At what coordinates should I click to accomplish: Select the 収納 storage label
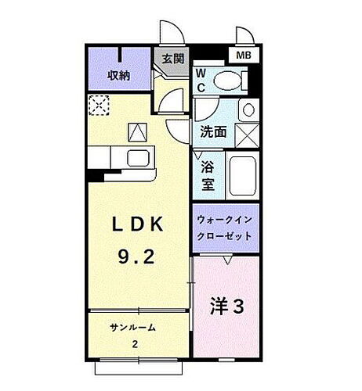point(118,75)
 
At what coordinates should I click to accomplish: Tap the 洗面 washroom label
point(213,132)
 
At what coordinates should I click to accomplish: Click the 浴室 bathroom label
point(208,175)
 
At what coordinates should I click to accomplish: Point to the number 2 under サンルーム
point(135,345)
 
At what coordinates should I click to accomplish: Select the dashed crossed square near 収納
point(100,105)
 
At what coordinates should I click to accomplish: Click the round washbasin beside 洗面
point(247,109)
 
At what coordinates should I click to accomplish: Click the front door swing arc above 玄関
point(175,35)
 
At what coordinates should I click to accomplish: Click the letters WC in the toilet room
point(201,79)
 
